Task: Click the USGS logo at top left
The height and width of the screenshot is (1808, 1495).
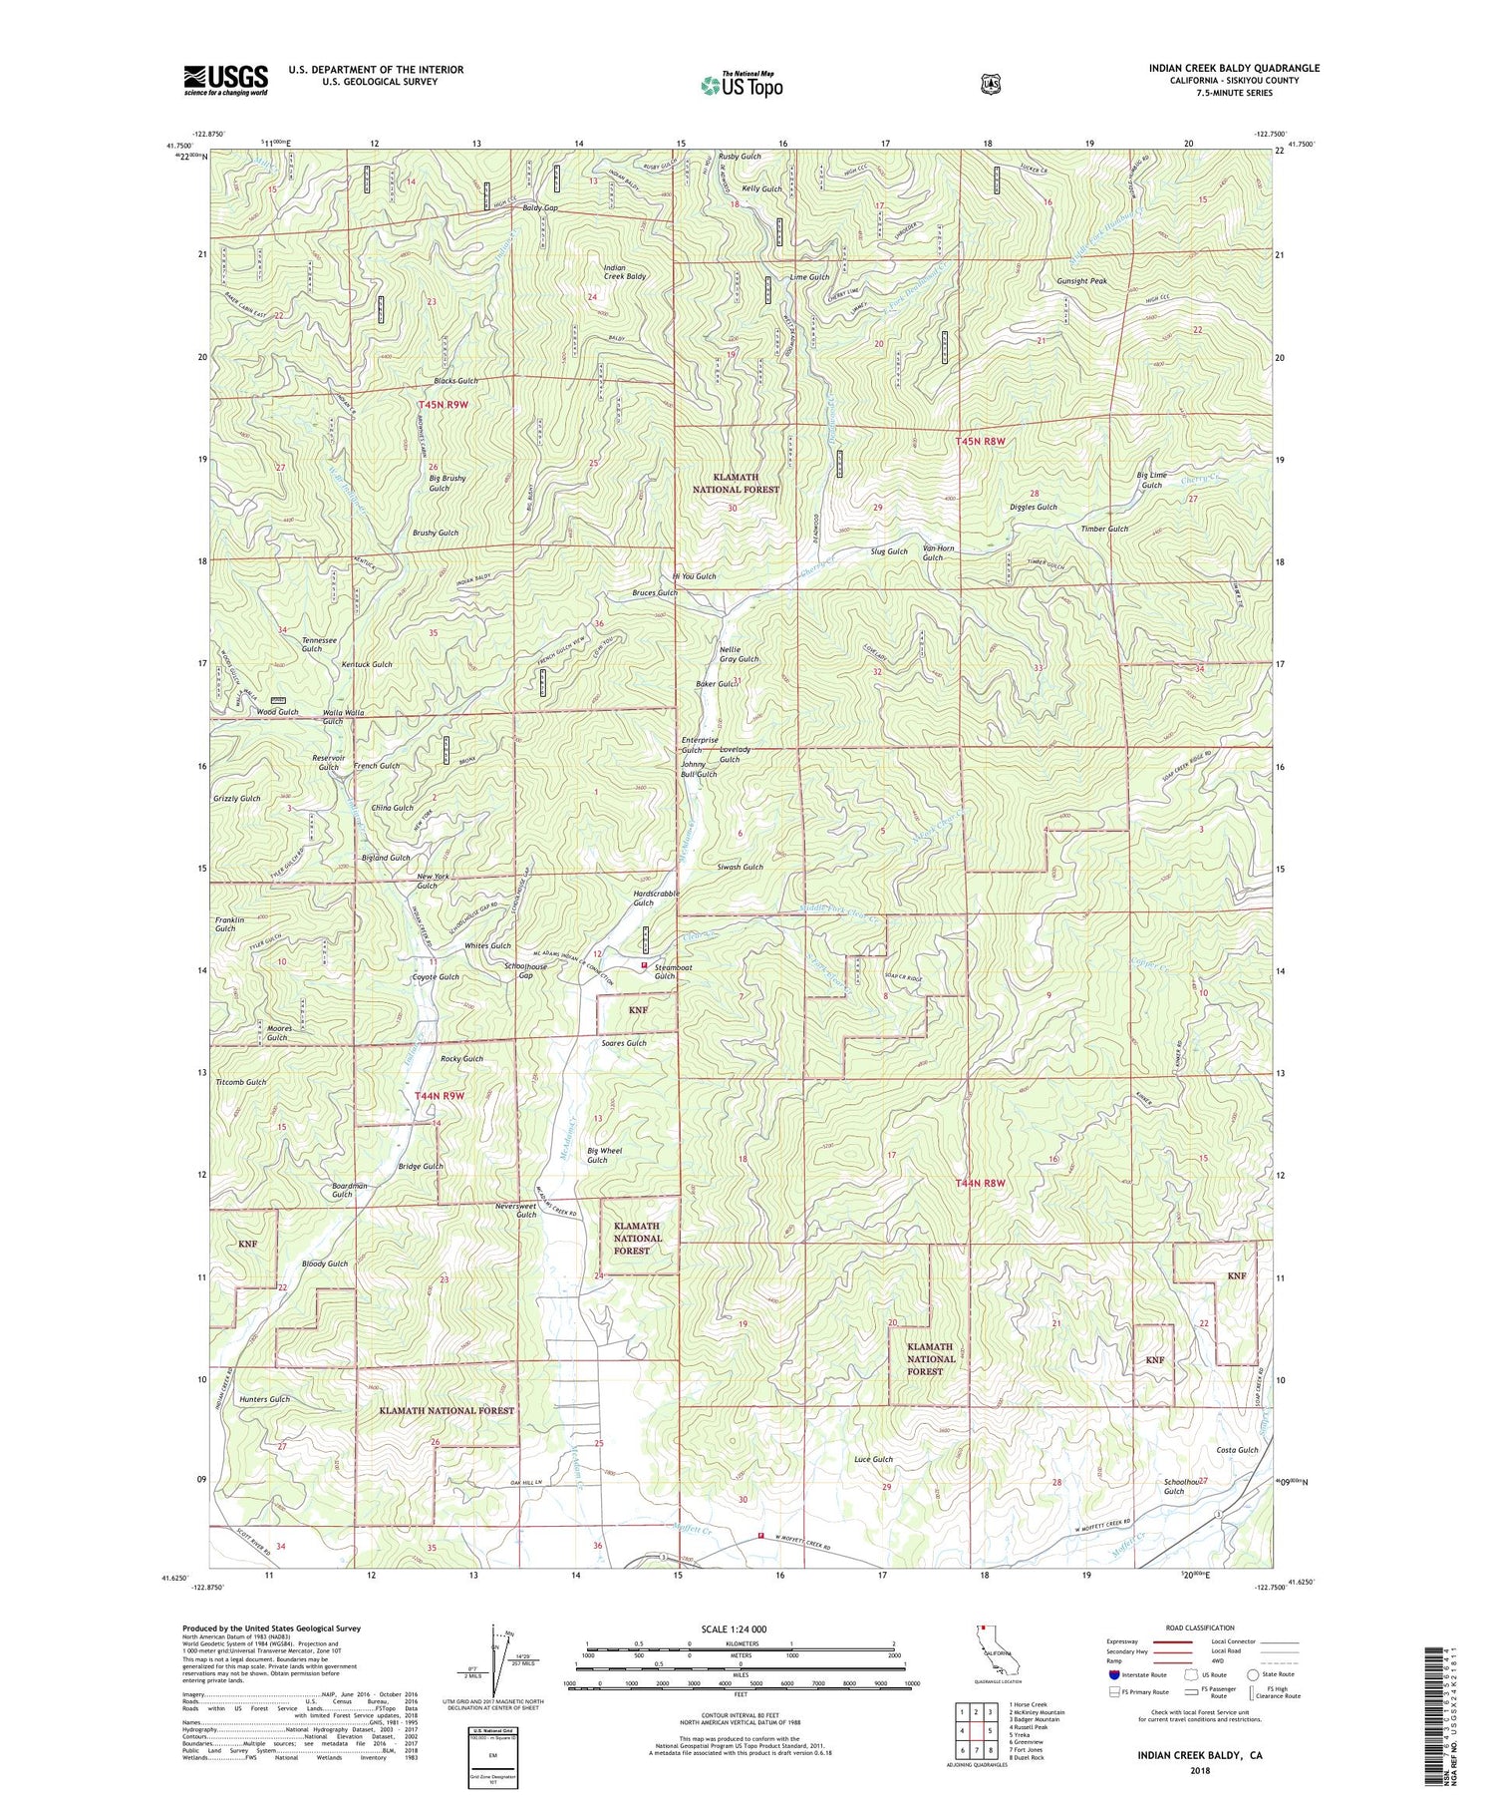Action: click(x=225, y=80)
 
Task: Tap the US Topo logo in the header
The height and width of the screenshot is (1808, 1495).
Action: click(x=742, y=85)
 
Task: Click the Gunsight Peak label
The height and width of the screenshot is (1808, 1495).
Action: click(x=1081, y=281)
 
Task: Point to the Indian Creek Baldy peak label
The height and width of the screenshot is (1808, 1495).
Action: click(x=625, y=272)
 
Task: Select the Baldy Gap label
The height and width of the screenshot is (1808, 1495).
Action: click(x=539, y=207)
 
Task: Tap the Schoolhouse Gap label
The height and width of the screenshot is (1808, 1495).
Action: click(x=525, y=970)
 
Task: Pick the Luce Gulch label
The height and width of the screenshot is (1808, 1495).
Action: click(x=873, y=1459)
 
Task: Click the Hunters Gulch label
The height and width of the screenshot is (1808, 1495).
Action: click(x=264, y=1399)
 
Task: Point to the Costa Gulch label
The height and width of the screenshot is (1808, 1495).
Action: click(x=1237, y=1450)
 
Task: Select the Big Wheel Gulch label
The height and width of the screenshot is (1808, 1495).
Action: click(x=604, y=1155)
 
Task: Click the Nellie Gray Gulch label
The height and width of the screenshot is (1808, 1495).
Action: click(x=739, y=654)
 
